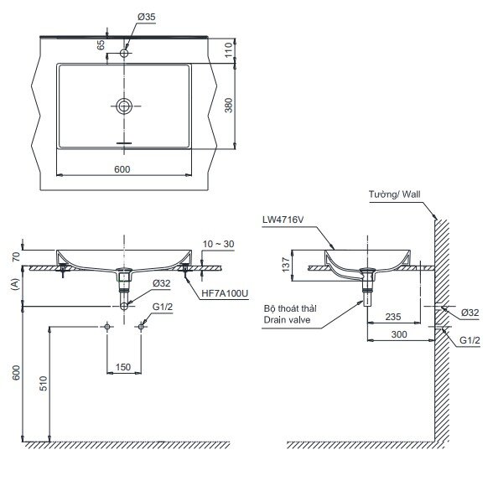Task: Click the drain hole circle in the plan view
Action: click(x=125, y=106)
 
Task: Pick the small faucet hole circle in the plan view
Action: click(x=125, y=54)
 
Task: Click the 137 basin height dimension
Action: click(x=284, y=266)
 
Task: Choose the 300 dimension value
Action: click(x=401, y=333)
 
